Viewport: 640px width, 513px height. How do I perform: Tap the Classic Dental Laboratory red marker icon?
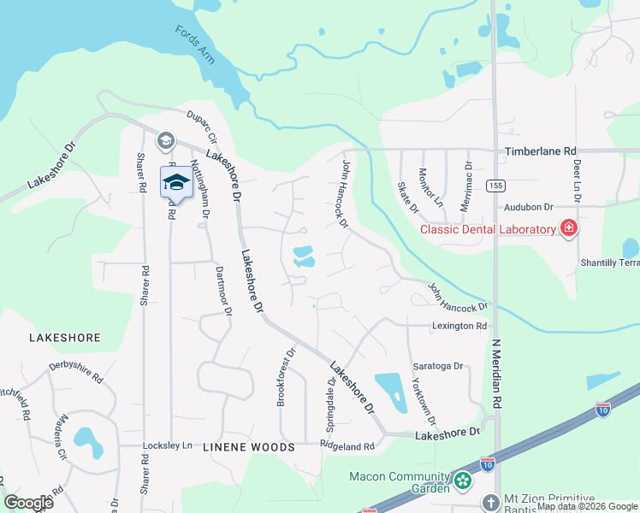point(566,228)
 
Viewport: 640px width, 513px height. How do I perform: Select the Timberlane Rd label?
point(540,150)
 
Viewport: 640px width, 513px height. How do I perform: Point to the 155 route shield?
point(495,186)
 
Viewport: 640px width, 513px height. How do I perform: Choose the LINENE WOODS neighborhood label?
point(248,447)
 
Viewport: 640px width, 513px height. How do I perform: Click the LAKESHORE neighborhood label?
point(65,338)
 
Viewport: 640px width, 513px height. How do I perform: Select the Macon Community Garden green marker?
point(463,481)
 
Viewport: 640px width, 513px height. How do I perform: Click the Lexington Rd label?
point(459,326)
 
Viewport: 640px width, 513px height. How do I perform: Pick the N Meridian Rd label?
point(495,368)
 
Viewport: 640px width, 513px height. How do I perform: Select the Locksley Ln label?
point(167,446)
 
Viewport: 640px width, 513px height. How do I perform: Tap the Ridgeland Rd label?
point(347,446)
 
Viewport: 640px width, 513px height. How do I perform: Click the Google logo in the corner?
point(28,503)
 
